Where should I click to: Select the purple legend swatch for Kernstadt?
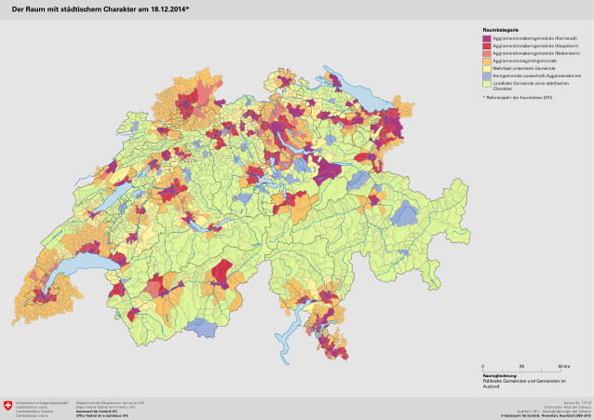pyautogui.click(x=487, y=38)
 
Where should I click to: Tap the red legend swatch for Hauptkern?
pyautogui.click(x=487, y=46)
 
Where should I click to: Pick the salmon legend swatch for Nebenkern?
pyautogui.click(x=487, y=53)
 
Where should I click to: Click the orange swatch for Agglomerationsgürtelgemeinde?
pyautogui.click(x=487, y=61)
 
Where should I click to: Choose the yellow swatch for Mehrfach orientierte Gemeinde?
pyautogui.click(x=487, y=68)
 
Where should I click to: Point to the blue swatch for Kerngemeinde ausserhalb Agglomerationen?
pyautogui.click(x=487, y=75)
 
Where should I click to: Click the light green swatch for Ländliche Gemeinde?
pyautogui.click(x=487, y=84)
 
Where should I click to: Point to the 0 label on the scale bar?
pyautogui.click(x=482, y=367)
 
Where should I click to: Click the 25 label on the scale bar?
pyautogui.click(x=520, y=367)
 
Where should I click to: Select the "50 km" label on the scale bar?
pyautogui.click(x=563, y=367)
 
